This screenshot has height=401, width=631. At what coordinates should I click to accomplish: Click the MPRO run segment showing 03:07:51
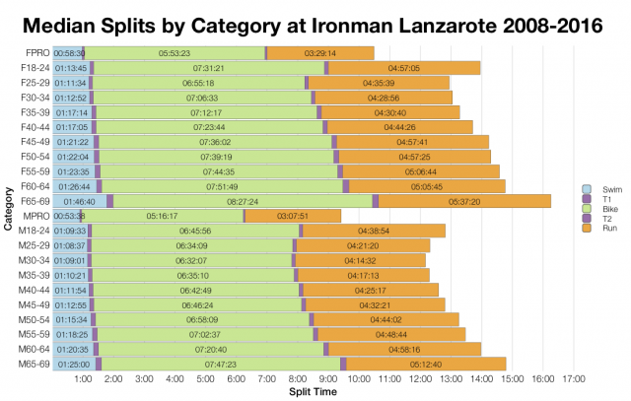click(293, 215)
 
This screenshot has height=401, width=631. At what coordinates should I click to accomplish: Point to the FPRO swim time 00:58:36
click(69, 52)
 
